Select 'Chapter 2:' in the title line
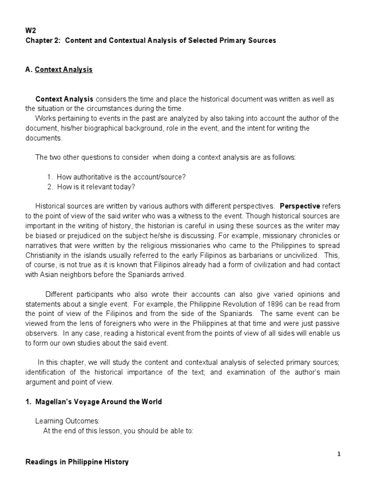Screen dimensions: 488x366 coord(42,41)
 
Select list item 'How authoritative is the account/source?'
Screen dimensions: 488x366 coord(121,177)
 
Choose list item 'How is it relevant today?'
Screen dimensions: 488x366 coord(96,186)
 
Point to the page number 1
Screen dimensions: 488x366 coord(338,454)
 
